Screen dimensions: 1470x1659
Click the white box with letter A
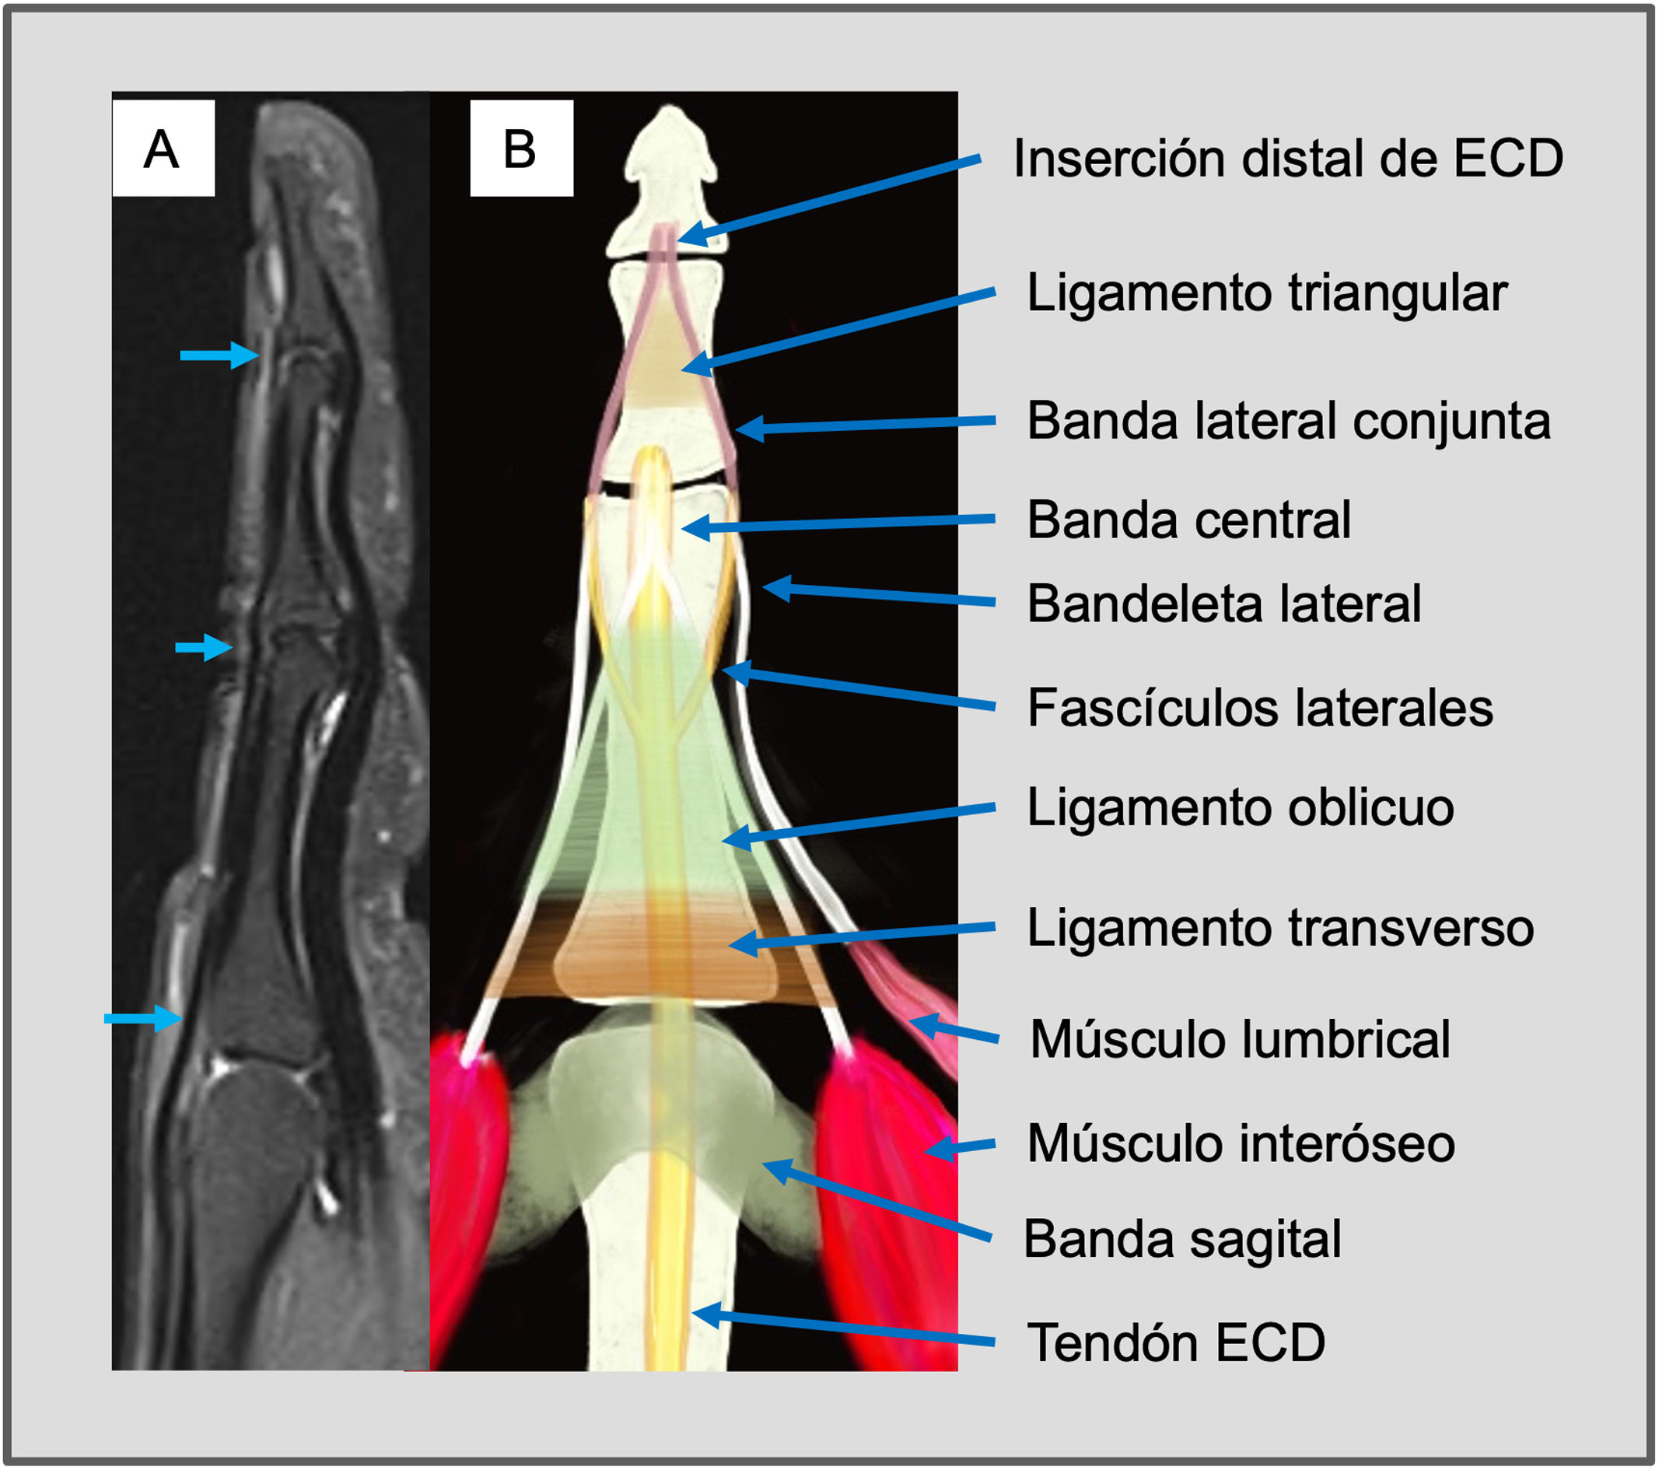[x=163, y=149]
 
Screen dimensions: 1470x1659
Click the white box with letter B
[x=521, y=149]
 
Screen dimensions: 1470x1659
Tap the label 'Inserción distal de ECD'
[x=1287, y=159]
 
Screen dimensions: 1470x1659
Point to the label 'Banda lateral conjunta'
[x=1288, y=422]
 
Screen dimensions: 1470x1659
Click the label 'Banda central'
[x=1188, y=520]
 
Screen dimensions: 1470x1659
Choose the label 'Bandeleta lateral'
[x=1223, y=604]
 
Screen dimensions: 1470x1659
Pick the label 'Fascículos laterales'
[x=1260, y=708]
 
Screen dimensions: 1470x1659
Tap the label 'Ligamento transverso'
[x=1280, y=928]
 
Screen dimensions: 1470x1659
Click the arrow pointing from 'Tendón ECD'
[x=844, y=1328]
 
